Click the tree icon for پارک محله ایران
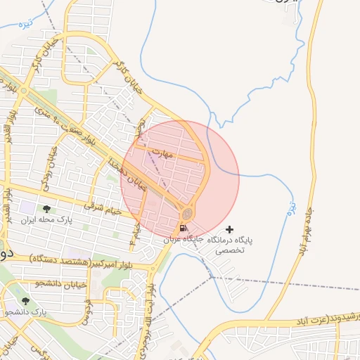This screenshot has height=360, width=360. coord(46,209)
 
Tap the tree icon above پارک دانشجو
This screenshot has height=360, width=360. coord(26,301)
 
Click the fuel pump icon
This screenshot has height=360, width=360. coord(183,228)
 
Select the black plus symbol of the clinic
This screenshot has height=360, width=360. coord(229,229)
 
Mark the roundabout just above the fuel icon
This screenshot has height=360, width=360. coord(187,212)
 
